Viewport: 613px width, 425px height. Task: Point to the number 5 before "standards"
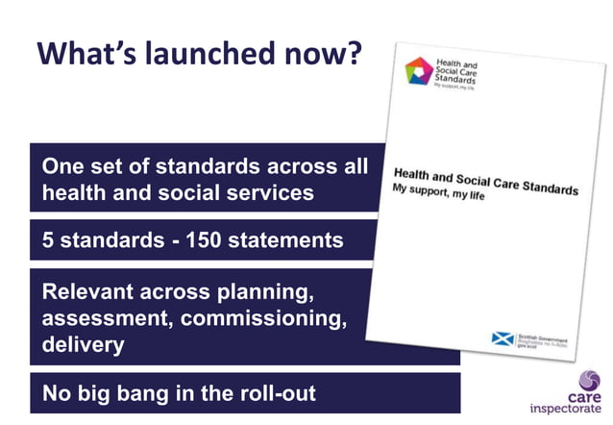(48, 240)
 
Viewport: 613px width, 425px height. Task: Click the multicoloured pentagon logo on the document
(419, 71)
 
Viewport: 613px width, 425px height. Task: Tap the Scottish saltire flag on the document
(500, 337)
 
